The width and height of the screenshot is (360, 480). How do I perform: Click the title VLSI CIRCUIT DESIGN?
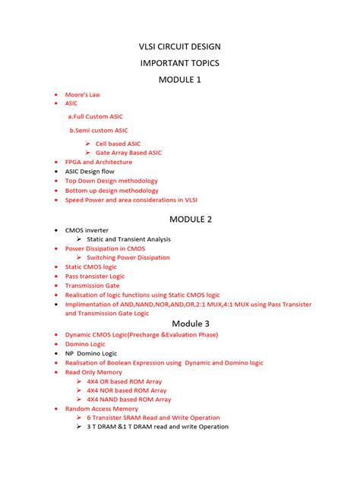[x=179, y=47]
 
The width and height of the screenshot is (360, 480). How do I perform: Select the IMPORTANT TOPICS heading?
[x=179, y=63]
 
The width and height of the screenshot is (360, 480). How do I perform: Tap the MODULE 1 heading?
[x=179, y=80]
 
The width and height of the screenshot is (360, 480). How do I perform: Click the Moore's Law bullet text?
[x=83, y=95]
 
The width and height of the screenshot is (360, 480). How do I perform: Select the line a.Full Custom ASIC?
[x=95, y=116]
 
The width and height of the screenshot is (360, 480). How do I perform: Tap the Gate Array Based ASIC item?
[x=128, y=153]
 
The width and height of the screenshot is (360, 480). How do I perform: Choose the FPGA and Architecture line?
[x=99, y=162]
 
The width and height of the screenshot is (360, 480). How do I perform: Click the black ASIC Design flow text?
[x=90, y=172]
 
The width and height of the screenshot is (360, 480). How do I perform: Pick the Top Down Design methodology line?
[x=112, y=181]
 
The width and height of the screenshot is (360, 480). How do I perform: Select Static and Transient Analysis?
[x=128, y=239]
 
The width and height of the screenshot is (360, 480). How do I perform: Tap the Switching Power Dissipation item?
[x=128, y=257]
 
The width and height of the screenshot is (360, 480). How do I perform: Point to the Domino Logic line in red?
[x=86, y=344]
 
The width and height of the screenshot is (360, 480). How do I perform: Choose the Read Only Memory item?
[x=93, y=372]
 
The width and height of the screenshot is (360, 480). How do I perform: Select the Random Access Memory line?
[x=102, y=409]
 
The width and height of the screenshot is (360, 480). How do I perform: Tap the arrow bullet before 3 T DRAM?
[x=79, y=427]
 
